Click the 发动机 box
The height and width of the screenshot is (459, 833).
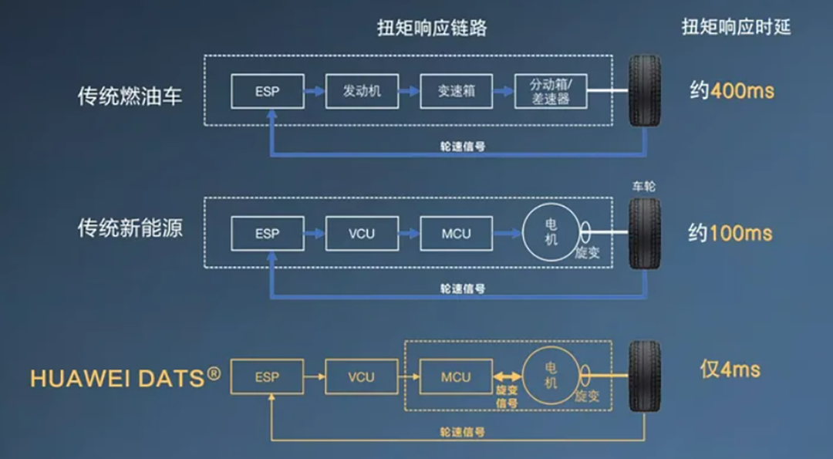[x=362, y=91]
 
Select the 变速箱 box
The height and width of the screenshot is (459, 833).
[x=456, y=91]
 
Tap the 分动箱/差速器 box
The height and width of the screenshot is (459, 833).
[x=551, y=91]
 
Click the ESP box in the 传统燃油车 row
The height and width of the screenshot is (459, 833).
[x=267, y=91]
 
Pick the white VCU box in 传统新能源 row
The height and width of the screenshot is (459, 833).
[x=362, y=233]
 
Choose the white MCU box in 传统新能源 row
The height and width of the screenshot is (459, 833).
[x=456, y=233]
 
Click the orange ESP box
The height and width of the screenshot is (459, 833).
[x=267, y=377]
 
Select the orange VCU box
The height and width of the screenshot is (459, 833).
[x=361, y=377]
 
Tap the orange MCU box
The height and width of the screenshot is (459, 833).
[x=456, y=377]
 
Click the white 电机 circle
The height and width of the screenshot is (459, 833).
[x=551, y=231]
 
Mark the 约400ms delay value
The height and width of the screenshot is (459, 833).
[x=731, y=91]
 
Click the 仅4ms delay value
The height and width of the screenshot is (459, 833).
[x=730, y=370]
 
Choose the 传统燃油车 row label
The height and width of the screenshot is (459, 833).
[x=130, y=96]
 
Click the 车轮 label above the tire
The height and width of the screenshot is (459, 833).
[x=644, y=187]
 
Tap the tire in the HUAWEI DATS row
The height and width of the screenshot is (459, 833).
[x=644, y=376]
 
